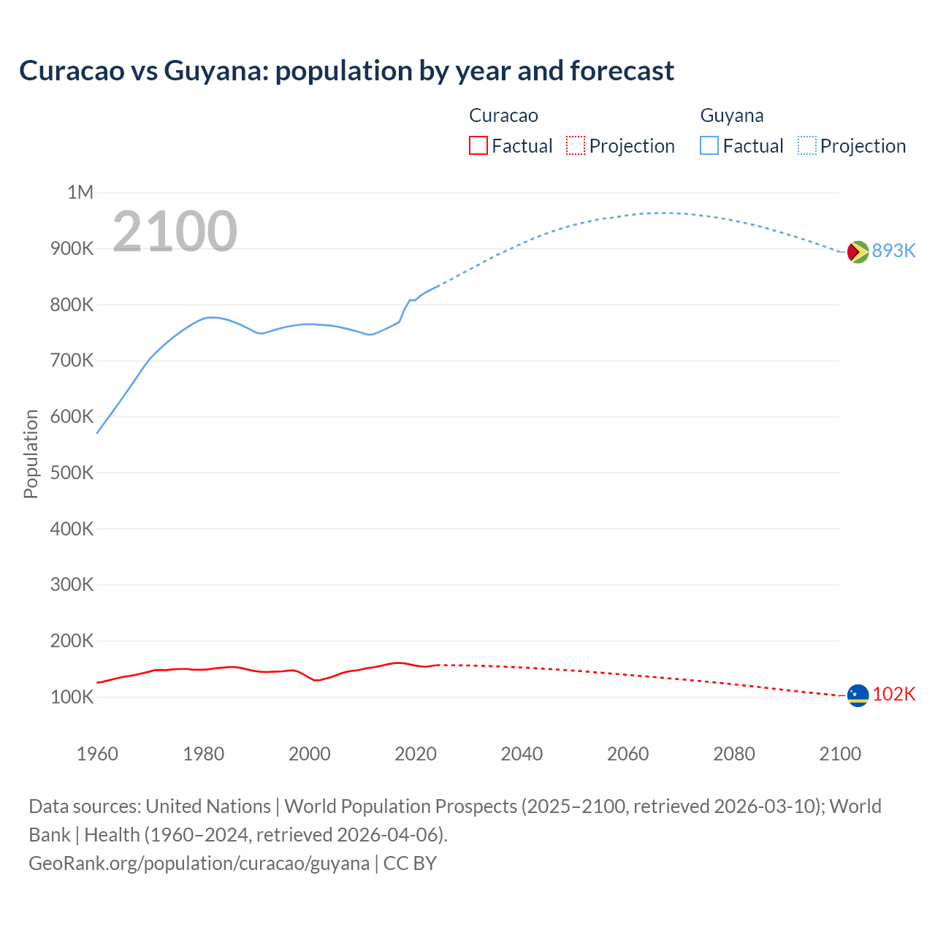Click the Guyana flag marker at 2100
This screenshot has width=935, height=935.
858,251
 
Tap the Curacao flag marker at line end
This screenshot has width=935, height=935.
858,695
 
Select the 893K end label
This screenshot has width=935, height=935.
893,251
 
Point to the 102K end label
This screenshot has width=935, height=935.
894,694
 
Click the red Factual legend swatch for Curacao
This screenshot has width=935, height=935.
478,146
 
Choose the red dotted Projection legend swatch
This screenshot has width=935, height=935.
576,146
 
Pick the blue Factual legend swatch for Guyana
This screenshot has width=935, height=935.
709,146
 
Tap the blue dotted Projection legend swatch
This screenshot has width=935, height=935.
806,146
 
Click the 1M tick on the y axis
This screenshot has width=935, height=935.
80,192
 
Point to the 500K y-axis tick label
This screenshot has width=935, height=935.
72,473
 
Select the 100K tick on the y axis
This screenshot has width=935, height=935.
72,697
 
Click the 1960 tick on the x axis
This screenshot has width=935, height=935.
97,754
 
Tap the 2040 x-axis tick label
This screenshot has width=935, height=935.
522,754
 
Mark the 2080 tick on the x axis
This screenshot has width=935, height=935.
734,754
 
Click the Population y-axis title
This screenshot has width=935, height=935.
31,454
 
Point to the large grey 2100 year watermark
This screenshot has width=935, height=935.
175,232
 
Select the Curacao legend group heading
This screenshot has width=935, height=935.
503,115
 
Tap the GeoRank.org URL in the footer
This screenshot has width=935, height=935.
199,863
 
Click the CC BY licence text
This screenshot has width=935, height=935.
410,863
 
